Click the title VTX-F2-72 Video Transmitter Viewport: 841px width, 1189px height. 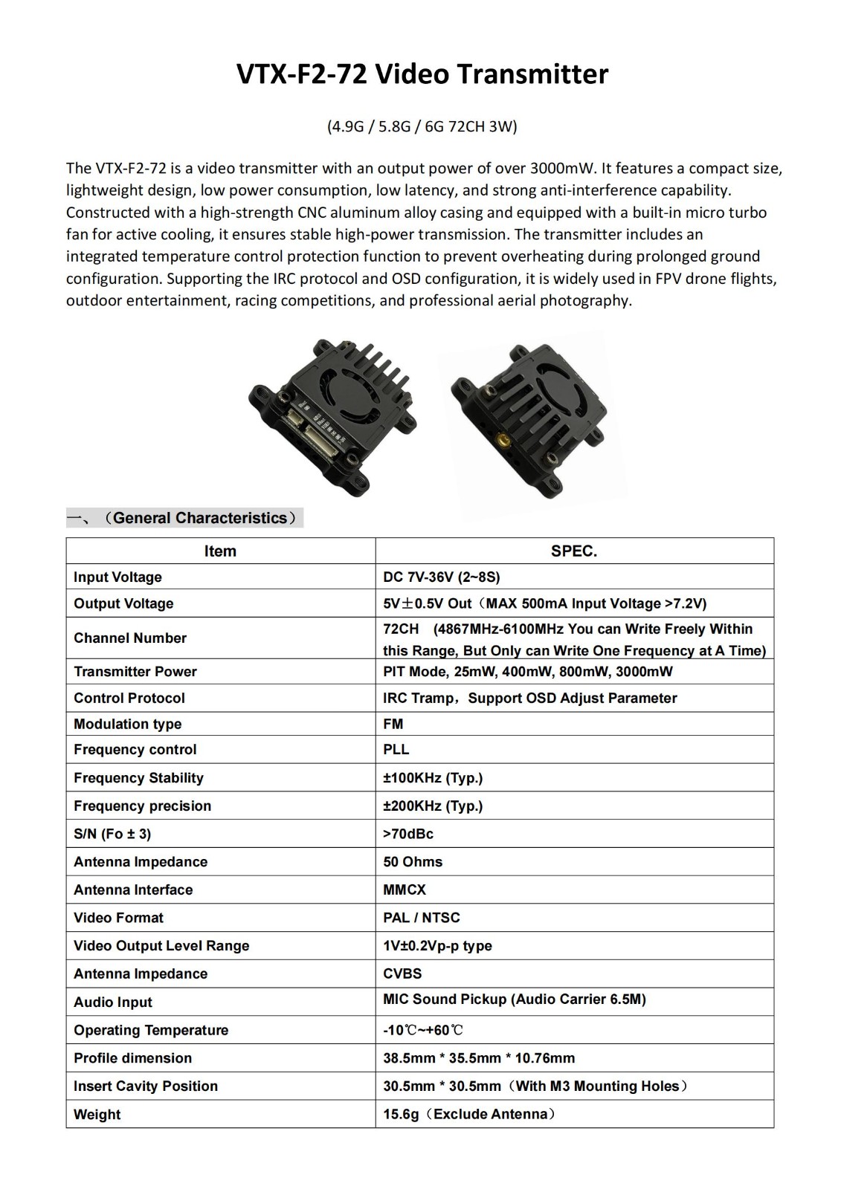pos(422,74)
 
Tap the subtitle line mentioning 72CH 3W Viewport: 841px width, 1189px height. pos(422,126)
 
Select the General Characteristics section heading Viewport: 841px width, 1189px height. pos(199,518)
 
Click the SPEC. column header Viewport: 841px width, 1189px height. pos(574,551)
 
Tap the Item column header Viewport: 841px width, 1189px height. pos(220,551)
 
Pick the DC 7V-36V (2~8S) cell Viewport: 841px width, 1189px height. pos(442,577)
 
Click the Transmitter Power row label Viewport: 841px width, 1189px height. pos(135,671)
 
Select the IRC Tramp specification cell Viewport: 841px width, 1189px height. pos(529,698)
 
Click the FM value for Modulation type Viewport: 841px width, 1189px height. pos(393,724)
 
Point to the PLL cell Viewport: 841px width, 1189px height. pos(396,749)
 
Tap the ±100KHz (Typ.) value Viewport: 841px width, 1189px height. pos(433,777)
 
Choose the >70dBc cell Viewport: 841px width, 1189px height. pos(408,833)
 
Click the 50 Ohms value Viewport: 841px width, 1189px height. pos(413,861)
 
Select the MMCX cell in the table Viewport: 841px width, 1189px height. pos(405,890)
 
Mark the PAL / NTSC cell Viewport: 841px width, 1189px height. pos(422,917)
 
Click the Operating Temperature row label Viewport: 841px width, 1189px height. pos(151,1030)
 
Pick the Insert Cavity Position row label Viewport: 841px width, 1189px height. pos(146,1086)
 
